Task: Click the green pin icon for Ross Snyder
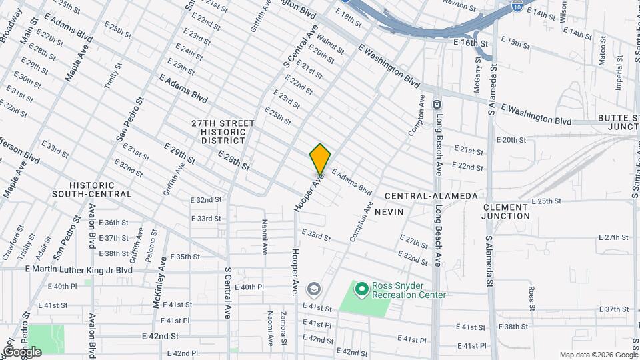click(x=361, y=289)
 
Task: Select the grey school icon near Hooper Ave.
click(x=313, y=289)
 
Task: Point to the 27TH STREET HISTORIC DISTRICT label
click(x=223, y=132)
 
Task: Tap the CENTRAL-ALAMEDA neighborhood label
click(x=431, y=195)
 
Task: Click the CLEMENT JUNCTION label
click(x=506, y=211)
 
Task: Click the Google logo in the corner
click(x=21, y=351)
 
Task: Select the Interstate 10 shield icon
click(x=518, y=6)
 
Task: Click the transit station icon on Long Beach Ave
click(x=437, y=105)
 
